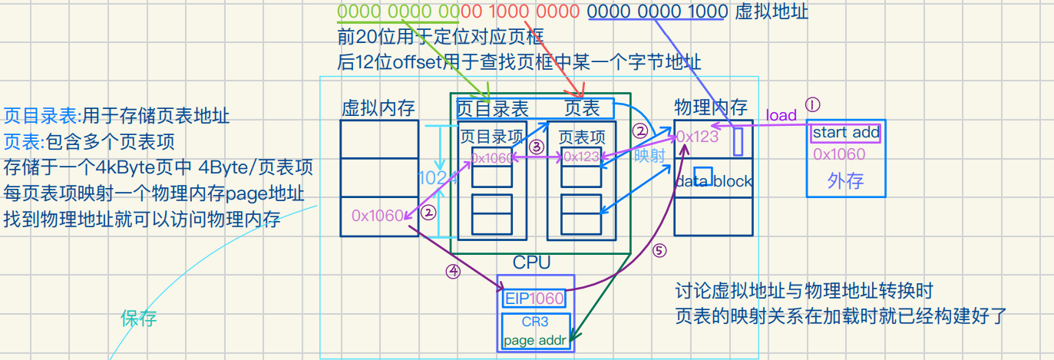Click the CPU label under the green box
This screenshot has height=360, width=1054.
point(531,263)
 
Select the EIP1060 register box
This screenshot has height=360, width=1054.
point(534,298)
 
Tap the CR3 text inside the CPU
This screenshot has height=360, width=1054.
point(535,322)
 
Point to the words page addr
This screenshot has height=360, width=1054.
point(534,339)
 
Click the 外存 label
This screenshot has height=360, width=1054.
point(845,181)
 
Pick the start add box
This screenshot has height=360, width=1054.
point(845,132)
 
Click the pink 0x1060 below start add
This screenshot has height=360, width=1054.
point(839,154)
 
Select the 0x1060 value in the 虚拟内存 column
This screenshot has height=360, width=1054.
point(378,216)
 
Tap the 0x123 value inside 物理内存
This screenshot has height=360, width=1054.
point(697,137)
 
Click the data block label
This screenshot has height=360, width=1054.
point(713,182)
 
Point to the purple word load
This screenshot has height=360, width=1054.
point(781,115)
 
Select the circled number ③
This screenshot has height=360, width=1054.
point(536,145)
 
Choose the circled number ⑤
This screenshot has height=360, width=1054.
point(659,251)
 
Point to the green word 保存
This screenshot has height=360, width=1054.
point(138,319)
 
